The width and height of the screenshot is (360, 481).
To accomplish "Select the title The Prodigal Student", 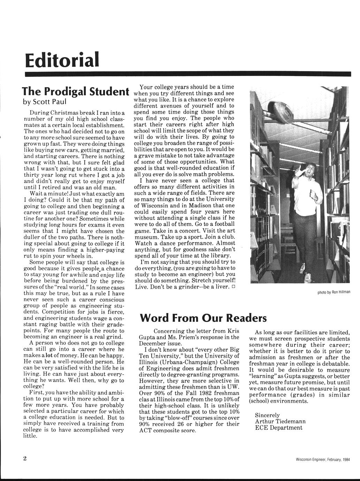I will point(74,91).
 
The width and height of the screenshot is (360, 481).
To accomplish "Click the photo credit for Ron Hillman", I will point(333,292).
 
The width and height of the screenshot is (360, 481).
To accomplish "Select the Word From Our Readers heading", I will point(203,318).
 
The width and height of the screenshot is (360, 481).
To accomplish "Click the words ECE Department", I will point(279,427).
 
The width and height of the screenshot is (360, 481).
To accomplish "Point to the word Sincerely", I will point(268,415).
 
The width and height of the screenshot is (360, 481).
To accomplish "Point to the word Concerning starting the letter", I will point(169,331).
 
